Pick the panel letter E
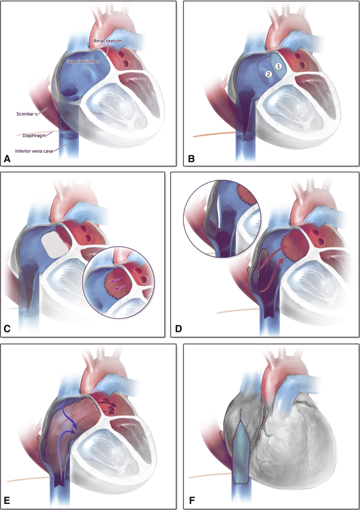(8, 502)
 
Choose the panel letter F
(191, 502)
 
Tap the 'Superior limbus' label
(83, 62)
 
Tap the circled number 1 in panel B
(278, 66)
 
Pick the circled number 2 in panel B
(269, 74)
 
